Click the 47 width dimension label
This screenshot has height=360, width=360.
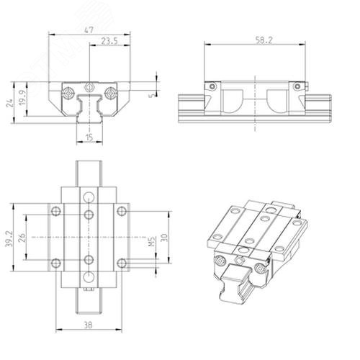(89, 30)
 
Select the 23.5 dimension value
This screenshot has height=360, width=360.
(109, 41)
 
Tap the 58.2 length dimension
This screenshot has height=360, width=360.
(264, 40)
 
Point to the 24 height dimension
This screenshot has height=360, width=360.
(9, 103)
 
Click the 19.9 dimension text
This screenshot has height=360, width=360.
(22, 99)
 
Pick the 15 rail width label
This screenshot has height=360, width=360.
(89, 138)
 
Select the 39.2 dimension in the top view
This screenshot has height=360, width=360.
(9, 239)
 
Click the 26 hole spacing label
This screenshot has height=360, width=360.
(22, 238)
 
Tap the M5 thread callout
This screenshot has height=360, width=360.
(152, 241)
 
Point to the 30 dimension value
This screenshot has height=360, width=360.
(164, 238)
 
